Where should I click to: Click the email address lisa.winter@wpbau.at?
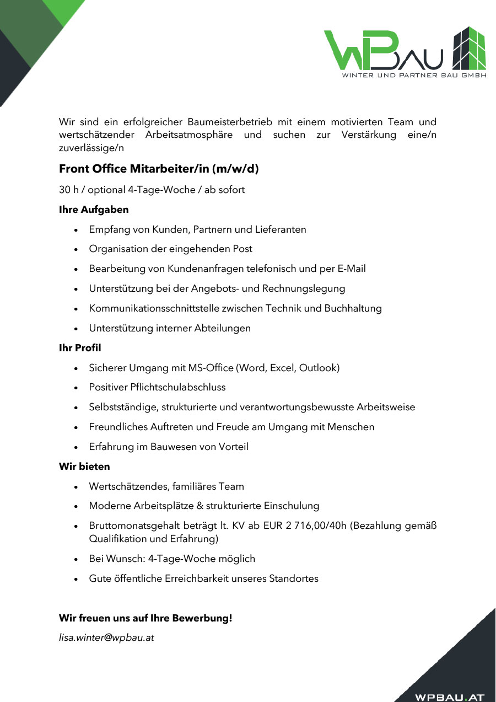pyautogui.click(x=106, y=638)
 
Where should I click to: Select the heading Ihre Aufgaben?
pyautogui.click(x=94, y=210)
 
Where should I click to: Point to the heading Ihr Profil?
pyautogui.click(x=80, y=348)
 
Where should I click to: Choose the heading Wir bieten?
pyautogui.click(x=84, y=467)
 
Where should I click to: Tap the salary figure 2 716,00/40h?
pyautogui.click(x=316, y=526)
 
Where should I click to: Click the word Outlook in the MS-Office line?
pyautogui.click(x=319, y=368)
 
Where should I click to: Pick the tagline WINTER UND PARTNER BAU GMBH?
pyautogui.click(x=414, y=75)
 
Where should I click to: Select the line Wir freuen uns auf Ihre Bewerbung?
pyautogui.click(x=145, y=618)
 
